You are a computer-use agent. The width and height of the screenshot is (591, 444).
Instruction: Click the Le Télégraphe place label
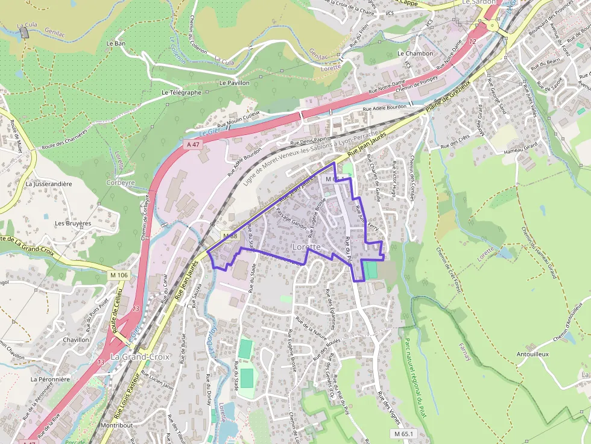tap(182, 93)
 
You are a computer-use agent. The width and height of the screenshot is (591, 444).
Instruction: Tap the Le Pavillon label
tap(235, 83)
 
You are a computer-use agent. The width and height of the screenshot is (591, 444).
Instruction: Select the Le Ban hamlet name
tap(116, 43)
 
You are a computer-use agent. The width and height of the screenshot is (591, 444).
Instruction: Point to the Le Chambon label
tap(416, 54)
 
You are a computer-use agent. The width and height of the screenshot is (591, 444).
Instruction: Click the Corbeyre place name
tap(121, 182)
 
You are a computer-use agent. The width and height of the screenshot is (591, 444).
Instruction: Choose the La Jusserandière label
tap(49, 184)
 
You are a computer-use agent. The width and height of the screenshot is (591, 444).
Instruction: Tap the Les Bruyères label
tap(73, 223)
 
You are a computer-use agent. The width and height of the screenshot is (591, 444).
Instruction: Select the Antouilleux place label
tap(533, 354)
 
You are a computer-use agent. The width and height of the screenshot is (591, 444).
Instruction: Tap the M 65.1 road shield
tap(404, 434)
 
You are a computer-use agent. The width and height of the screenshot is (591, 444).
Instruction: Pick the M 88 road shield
tap(230, 235)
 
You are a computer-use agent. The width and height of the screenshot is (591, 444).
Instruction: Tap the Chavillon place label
tap(76, 340)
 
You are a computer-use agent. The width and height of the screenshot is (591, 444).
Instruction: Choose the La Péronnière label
tap(51, 380)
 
